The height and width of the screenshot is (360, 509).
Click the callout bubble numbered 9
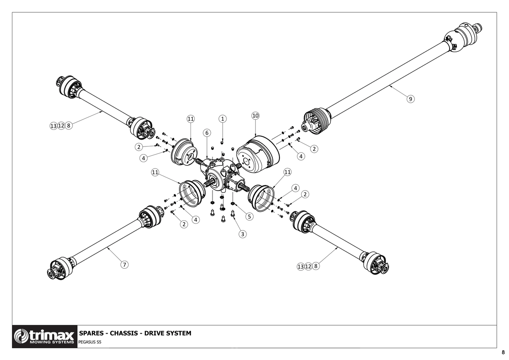point(411,99)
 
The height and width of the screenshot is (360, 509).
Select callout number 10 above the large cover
point(255,116)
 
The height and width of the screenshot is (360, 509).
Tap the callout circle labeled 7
point(124,265)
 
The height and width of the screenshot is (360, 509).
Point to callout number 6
point(207,133)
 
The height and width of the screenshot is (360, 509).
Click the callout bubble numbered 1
point(222,119)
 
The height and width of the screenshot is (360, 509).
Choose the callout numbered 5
point(249,217)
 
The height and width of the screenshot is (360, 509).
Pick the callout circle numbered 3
point(243,234)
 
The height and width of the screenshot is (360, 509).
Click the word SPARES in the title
point(90,333)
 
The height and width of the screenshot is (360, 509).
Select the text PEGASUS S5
point(90,342)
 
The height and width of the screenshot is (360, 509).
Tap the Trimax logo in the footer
point(45,337)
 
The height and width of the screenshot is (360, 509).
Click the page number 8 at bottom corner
point(503,353)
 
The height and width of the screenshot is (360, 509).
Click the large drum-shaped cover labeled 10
point(258,155)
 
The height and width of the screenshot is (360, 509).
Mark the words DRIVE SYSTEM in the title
point(168,333)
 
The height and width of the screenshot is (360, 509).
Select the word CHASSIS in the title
point(124,333)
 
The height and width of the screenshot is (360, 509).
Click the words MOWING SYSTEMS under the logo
point(52,342)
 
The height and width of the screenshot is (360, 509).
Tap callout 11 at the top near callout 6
point(190,119)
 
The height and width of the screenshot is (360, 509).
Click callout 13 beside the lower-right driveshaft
point(300,267)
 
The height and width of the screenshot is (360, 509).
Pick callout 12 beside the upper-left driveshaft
point(61,126)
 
